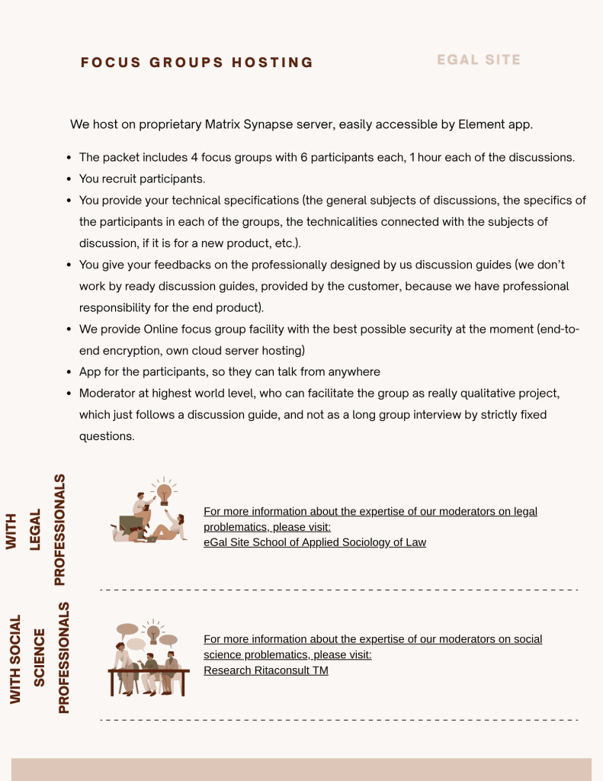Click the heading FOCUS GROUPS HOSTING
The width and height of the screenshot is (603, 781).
tap(197, 63)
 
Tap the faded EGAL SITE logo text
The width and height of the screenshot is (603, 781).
tap(479, 59)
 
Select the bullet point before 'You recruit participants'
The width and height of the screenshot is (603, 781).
tap(69, 179)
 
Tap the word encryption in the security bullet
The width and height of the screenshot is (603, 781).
tap(133, 351)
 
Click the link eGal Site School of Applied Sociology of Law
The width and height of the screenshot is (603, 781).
tap(315, 542)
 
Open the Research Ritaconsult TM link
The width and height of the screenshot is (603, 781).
tap(266, 670)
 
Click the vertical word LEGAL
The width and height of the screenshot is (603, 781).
tap(35, 529)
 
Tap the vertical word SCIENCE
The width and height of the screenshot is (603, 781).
tap(40, 657)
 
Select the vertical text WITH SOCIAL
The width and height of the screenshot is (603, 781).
tap(15, 659)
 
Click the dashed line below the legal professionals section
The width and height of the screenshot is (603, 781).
tap(339, 590)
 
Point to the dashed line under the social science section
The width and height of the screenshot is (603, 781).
tap(339, 719)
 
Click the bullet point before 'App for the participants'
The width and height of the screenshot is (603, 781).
tap(69, 372)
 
